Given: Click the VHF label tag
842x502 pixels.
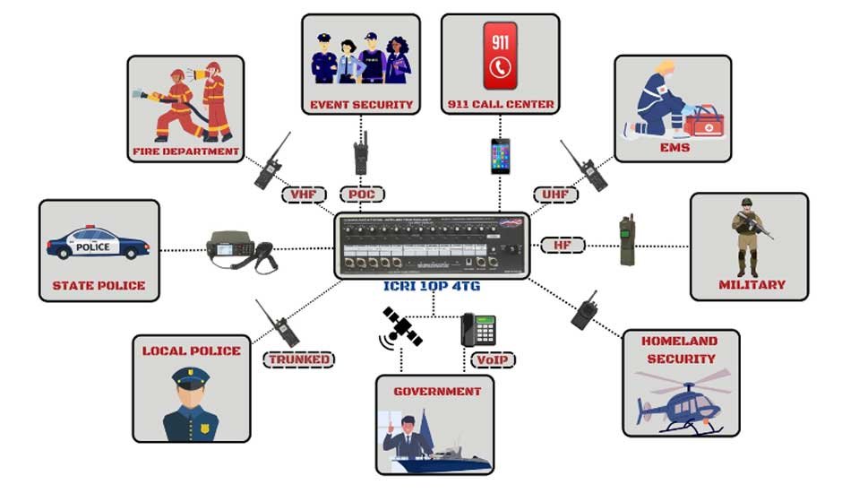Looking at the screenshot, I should (x=303, y=194).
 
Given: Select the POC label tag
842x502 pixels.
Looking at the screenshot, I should (x=362, y=194).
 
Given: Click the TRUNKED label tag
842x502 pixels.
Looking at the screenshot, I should (x=298, y=360).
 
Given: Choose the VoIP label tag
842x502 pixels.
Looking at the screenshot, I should (x=493, y=360).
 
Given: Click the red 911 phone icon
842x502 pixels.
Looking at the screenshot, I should (x=500, y=56).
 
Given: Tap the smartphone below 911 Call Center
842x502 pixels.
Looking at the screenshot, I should (x=499, y=157).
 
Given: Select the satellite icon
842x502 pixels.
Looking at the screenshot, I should (x=400, y=328).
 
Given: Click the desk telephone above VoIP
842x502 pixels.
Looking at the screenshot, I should (x=479, y=330).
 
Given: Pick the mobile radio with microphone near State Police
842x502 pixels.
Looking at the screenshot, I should (x=240, y=250).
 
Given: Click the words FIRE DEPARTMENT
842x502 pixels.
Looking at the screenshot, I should (x=185, y=151).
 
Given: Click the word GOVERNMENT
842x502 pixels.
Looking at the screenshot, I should (x=437, y=392).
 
